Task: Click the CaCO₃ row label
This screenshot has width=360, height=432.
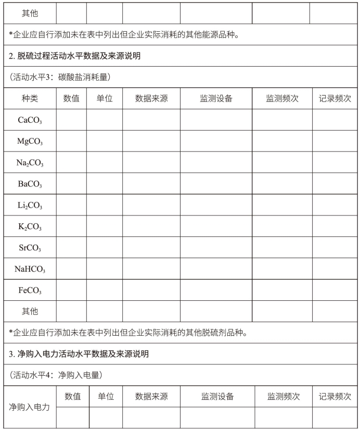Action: [30, 120]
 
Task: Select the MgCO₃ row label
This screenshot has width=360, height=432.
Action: [30, 141]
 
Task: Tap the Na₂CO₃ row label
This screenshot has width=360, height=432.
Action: [30, 162]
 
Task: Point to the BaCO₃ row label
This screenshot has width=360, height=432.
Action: [30, 184]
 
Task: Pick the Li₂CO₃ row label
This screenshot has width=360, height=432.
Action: [30, 205]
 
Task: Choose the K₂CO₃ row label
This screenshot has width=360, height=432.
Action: [30, 226]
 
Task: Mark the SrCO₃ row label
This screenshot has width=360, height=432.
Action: [30, 248]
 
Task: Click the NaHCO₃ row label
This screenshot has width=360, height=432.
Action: [30, 269]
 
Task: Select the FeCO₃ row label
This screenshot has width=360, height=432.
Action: [30, 290]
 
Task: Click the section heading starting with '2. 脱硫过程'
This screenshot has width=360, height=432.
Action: [74, 56]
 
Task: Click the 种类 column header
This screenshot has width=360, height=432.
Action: [30, 98]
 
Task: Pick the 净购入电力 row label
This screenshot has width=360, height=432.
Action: [29, 407]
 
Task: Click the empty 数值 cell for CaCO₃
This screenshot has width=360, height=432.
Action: [71, 120]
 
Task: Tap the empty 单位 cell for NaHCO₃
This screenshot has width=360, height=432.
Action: [105, 269]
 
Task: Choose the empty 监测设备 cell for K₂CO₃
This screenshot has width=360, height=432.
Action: [216, 226]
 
